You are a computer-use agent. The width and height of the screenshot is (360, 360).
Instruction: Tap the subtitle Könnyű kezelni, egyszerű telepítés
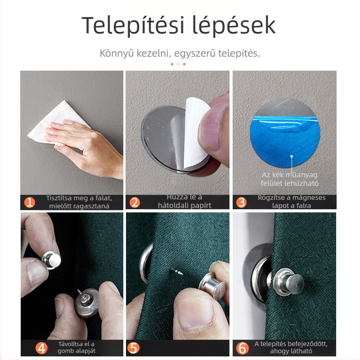coord(180,54)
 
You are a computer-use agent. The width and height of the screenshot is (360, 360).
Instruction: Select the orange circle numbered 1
coord(29,202)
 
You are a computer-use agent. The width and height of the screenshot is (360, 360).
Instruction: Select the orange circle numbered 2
coord(134,202)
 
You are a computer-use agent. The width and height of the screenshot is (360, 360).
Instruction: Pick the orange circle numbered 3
coord(241,202)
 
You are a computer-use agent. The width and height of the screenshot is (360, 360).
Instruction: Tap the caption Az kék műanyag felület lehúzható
coord(290,178)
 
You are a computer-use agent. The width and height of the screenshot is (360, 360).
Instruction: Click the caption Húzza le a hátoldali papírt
coord(184,201)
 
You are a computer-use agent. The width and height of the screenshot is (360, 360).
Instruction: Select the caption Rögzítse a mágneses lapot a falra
coord(291,201)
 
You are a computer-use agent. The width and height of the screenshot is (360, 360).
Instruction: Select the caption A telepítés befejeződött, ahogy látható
coord(291,347)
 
